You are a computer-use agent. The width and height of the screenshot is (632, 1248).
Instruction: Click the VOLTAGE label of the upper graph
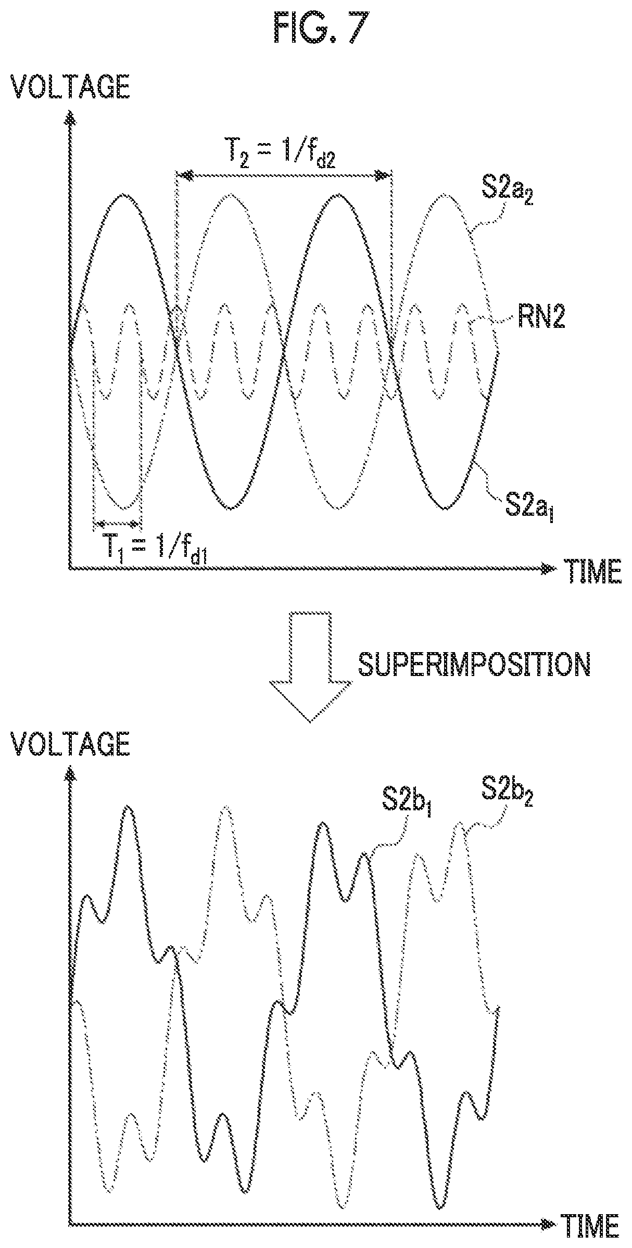pos(71,86)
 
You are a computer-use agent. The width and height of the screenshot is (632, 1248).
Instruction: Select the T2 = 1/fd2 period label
pos(280,153)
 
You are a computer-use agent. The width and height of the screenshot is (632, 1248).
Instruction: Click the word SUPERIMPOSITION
pos(474,666)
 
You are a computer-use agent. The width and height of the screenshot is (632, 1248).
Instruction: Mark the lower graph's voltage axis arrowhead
pos(69,778)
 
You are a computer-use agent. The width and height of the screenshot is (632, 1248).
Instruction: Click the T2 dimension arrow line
pos(284,176)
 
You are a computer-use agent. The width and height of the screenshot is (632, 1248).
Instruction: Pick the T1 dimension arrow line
pos(117,523)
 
